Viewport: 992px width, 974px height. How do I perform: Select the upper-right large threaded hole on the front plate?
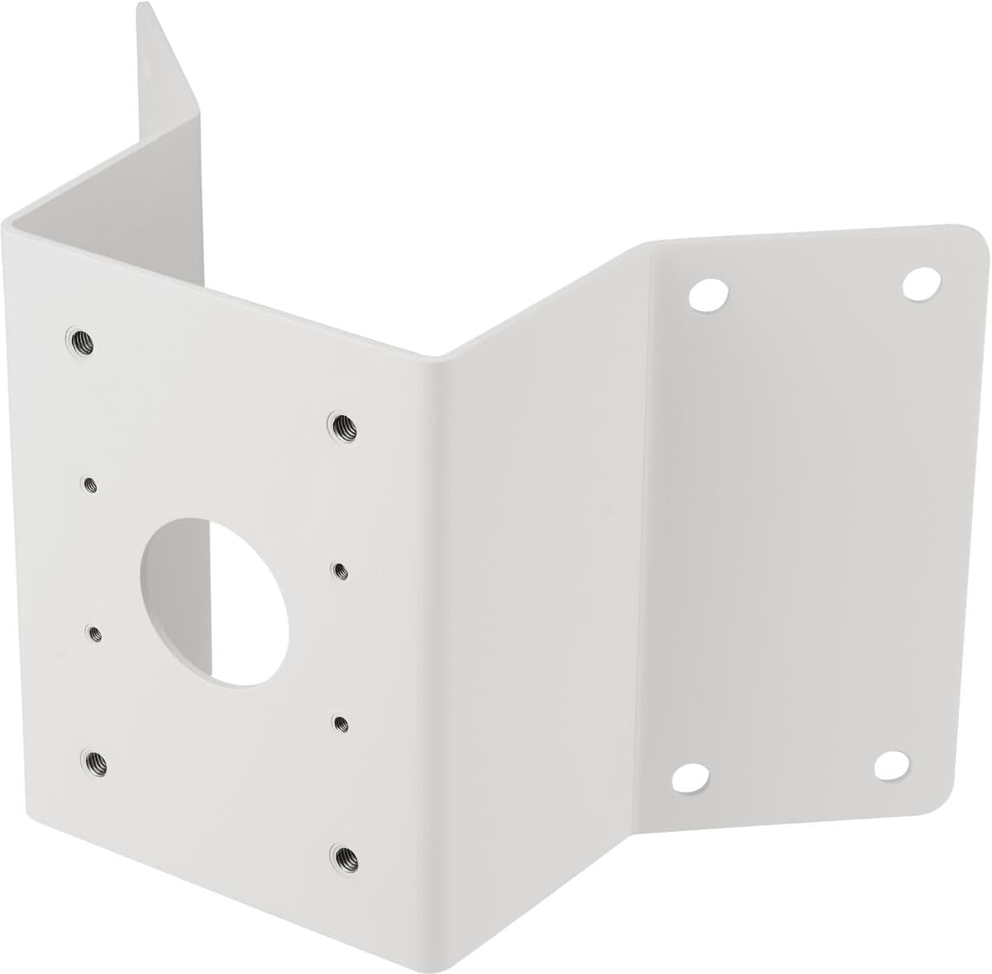(339, 425)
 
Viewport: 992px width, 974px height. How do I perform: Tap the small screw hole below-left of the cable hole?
(95, 633)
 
